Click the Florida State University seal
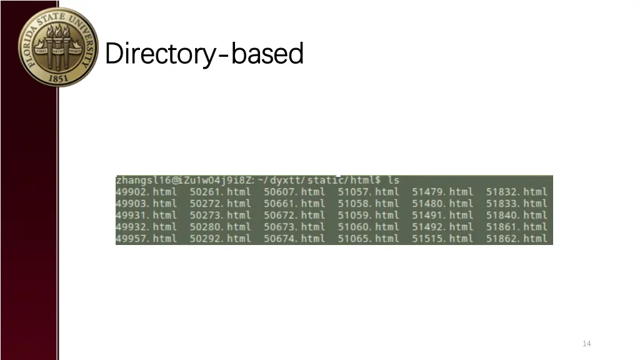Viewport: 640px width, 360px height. click(58, 47)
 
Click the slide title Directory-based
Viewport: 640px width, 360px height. click(204, 54)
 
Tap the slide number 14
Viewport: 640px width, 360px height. click(586, 343)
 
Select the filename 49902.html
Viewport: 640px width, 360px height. click(146, 192)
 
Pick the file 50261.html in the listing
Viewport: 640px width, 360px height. click(220, 192)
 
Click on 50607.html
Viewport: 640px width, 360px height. click(294, 192)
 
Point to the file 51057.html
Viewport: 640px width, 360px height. click(368, 192)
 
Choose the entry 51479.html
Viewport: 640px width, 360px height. click(442, 192)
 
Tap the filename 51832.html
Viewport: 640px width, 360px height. click(516, 192)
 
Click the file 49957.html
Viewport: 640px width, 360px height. click(146, 238)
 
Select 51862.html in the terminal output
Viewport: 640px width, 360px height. click(516, 238)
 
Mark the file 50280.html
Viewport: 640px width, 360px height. click(220, 227)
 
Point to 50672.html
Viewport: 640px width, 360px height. click(294, 215)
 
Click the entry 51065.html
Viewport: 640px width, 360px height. click(368, 238)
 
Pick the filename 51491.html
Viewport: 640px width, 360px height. click(442, 215)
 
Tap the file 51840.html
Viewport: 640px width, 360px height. click(516, 215)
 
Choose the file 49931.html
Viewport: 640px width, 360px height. click(146, 215)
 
